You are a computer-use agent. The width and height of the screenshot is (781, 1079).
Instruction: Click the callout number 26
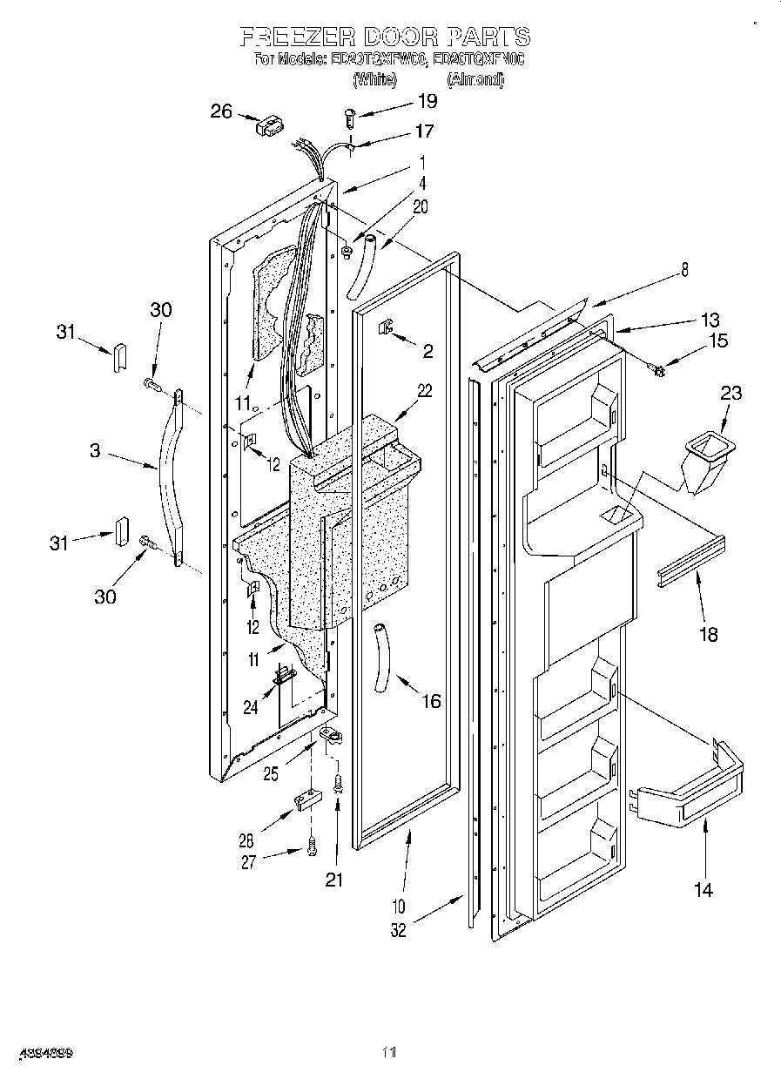pyautogui.click(x=223, y=111)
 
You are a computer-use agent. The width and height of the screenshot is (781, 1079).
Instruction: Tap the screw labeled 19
pyautogui.click(x=350, y=113)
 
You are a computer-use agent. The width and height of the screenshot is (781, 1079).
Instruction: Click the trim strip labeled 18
pyautogui.click(x=691, y=562)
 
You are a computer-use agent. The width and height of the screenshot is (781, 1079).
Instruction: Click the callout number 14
pyautogui.click(x=703, y=889)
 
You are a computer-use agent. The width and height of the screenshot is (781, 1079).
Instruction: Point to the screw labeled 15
pyautogui.click(x=658, y=371)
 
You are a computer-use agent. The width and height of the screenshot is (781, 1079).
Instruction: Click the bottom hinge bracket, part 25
pyautogui.click(x=330, y=738)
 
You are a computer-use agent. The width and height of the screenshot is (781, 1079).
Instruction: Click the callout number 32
pyautogui.click(x=398, y=931)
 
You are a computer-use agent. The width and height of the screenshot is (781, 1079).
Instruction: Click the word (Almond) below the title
pyautogui.click(x=475, y=79)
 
